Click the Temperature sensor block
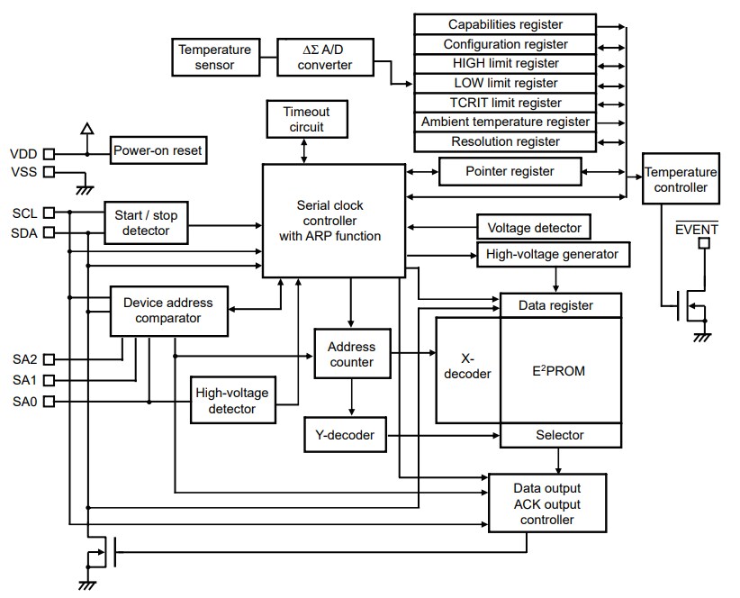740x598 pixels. tap(215, 57)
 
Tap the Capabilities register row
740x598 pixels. tap(504, 24)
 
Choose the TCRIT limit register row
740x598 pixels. tap(504, 103)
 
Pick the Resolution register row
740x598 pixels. tap(504, 141)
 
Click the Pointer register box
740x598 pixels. tap(510, 170)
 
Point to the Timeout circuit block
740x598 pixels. tap(306, 119)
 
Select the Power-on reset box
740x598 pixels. tap(158, 150)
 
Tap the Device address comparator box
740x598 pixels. tap(161, 310)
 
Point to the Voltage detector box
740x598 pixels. tap(533, 228)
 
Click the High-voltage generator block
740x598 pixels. tap(552, 254)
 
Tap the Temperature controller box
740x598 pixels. tap(680, 179)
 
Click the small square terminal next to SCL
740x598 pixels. tap(49, 213)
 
